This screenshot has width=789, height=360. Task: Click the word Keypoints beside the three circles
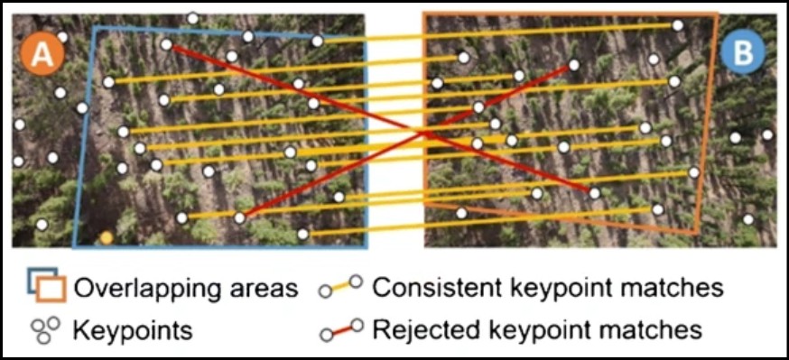click(x=133, y=330)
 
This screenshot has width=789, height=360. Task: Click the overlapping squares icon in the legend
click(x=46, y=284)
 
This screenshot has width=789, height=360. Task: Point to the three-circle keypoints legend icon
click(x=45, y=328)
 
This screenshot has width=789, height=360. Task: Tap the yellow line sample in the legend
click(x=340, y=287)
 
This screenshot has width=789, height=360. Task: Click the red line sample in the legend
click(x=341, y=329)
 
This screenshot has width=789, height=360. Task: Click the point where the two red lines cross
click(x=424, y=134)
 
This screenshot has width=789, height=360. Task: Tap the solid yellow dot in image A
click(x=107, y=237)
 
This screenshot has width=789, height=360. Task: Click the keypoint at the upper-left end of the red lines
click(x=166, y=44)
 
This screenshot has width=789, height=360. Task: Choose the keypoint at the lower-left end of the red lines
click(x=239, y=217)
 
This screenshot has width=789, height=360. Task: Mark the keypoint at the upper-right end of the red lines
click(x=573, y=65)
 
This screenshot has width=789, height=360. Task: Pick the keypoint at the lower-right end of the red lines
click(x=595, y=192)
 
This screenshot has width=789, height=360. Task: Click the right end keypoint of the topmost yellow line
click(x=678, y=25)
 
